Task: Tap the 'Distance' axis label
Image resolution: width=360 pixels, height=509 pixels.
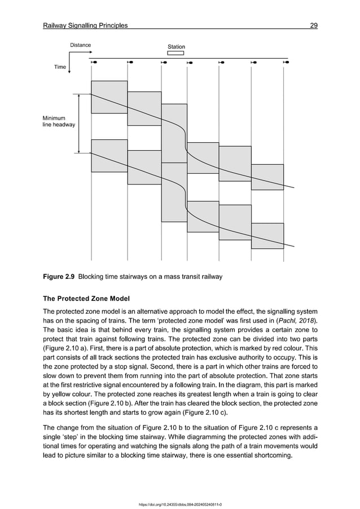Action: pos(80,45)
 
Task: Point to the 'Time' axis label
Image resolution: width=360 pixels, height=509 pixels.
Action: pos(60,67)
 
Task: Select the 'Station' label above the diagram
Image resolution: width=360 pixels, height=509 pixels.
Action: pos(176,47)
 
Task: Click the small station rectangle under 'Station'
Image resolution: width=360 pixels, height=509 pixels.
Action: pos(176,54)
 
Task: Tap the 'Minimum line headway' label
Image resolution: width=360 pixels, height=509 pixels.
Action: pos(59,121)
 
